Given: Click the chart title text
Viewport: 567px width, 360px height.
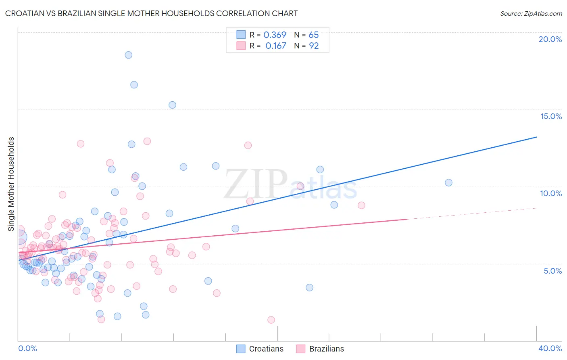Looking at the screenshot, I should [151, 13].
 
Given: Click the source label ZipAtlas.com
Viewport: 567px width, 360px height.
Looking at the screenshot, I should [531, 13].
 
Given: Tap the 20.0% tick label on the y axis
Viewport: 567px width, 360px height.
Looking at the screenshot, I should [550, 39].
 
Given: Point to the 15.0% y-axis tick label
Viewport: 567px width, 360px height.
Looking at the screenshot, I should [551, 116].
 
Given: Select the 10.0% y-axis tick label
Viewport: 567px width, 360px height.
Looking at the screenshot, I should [551, 193].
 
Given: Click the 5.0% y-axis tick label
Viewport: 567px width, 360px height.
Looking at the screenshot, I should [552, 271].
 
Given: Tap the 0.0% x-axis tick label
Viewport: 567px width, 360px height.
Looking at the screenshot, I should [27, 348].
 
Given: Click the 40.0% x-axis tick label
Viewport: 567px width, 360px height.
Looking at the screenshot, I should [550, 348].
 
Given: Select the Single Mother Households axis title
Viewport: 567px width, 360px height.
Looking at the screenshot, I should [11, 184].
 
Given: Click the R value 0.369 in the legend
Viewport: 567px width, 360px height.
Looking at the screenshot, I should [275, 35].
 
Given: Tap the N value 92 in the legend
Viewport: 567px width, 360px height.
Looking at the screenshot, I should [314, 46].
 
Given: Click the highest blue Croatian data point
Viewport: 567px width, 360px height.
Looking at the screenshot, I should [128, 55].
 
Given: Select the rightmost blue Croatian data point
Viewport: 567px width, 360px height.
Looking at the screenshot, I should [448, 182].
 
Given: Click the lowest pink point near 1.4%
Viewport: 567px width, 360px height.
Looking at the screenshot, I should [271, 320].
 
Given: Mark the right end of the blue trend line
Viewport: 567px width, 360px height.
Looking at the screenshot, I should [536, 137].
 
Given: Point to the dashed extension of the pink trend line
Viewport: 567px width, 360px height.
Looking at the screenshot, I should [472, 213].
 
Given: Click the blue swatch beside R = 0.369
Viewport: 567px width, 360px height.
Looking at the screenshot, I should [241, 35].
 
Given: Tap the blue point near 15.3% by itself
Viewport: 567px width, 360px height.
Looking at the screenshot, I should [172, 105].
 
